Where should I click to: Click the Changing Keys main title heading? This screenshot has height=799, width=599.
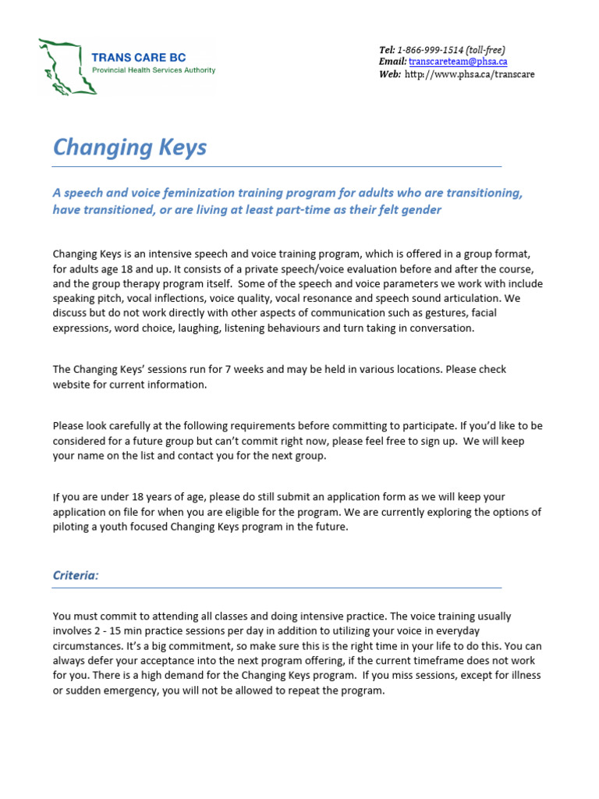pyautogui.click(x=129, y=147)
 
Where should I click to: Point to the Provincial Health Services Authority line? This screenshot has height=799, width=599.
pyautogui.click(x=154, y=70)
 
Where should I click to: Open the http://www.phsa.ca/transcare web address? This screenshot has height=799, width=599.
pyautogui.click(x=470, y=74)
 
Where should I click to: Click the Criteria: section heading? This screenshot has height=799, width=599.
pyautogui.click(x=76, y=575)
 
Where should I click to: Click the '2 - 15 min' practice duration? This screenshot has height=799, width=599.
pyautogui.click(x=125, y=630)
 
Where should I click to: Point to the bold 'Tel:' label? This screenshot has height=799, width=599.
pyautogui.click(x=388, y=50)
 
